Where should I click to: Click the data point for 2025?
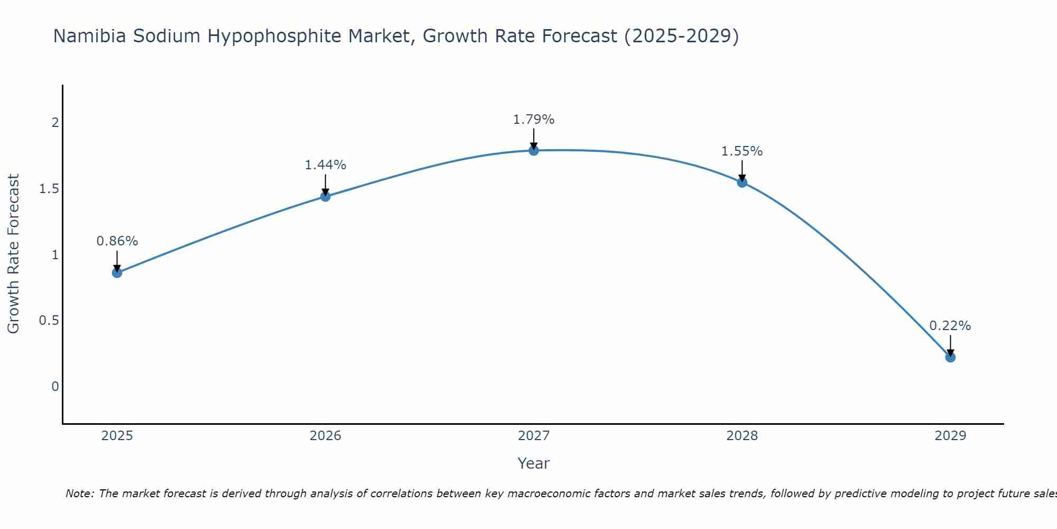coord(117,273)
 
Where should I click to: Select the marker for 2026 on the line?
coord(326,196)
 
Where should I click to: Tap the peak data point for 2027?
coord(534,150)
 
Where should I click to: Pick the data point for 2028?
coord(742,183)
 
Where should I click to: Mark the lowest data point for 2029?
coord(950,357)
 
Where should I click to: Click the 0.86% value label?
coord(117,241)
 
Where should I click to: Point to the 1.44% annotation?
coord(326,165)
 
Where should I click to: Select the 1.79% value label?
coord(534,120)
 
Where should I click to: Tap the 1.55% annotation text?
coord(742,151)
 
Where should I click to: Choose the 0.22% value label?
coord(950,326)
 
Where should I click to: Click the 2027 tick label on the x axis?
coord(534,436)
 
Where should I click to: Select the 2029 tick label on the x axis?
coord(950,436)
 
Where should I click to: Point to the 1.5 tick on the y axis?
coord(49,189)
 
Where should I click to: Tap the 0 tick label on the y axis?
coord(55,387)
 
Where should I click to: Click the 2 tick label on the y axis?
coord(55,123)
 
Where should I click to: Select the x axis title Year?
coord(534,463)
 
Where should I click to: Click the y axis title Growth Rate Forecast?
coord(13,254)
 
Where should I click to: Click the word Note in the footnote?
coord(80,494)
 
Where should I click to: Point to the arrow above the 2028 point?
coord(742,170)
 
